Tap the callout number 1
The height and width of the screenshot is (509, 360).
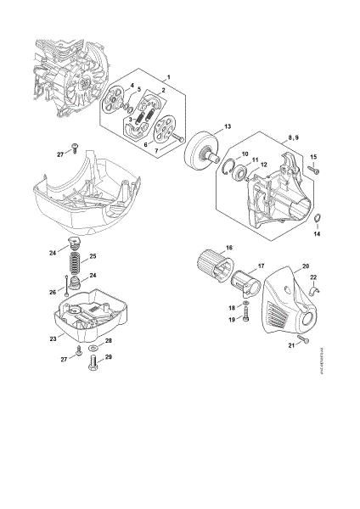(168, 78)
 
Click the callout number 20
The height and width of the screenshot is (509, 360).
(305, 266)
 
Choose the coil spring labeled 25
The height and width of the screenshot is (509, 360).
(74, 256)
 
